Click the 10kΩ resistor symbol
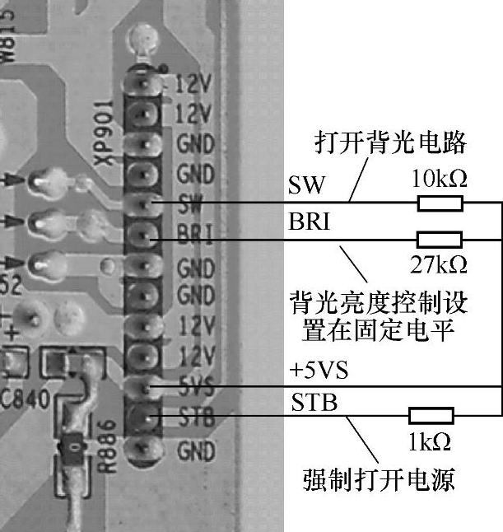point(440,203)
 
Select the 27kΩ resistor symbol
point(440,240)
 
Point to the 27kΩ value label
point(439,264)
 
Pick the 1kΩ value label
point(430,442)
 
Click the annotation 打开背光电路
point(391,144)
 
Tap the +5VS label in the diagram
point(319,371)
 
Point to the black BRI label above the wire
point(309,222)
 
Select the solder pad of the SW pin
point(142,203)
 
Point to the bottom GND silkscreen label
point(196,451)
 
